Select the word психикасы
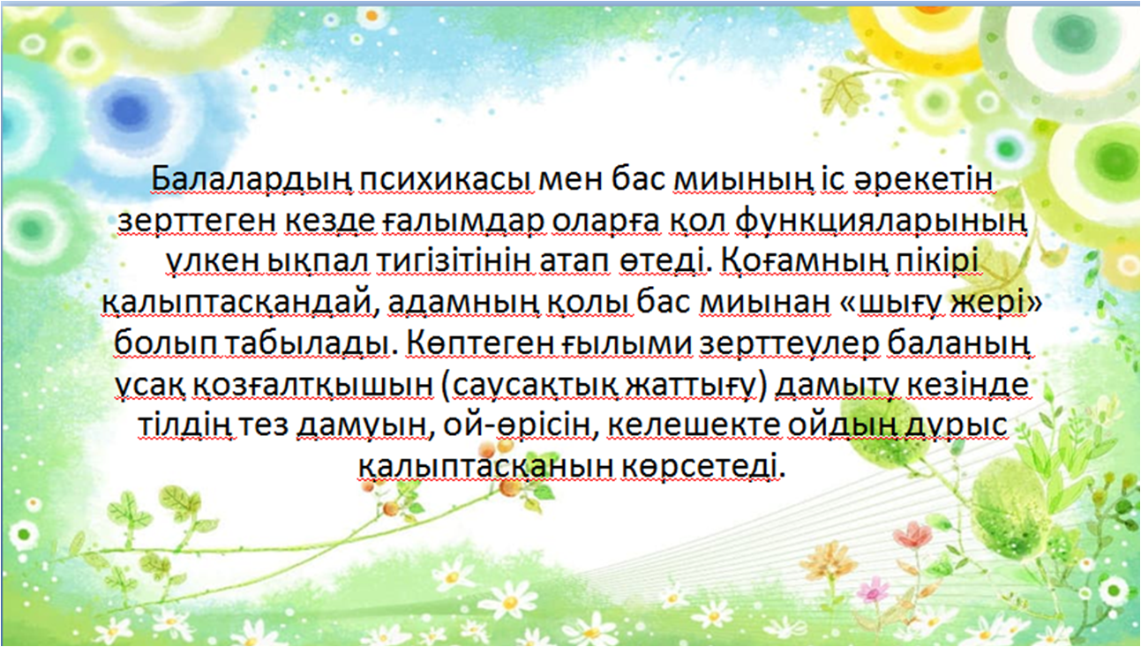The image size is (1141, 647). point(447,180)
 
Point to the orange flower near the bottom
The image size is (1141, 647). point(826,561)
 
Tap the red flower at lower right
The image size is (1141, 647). point(912,536)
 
